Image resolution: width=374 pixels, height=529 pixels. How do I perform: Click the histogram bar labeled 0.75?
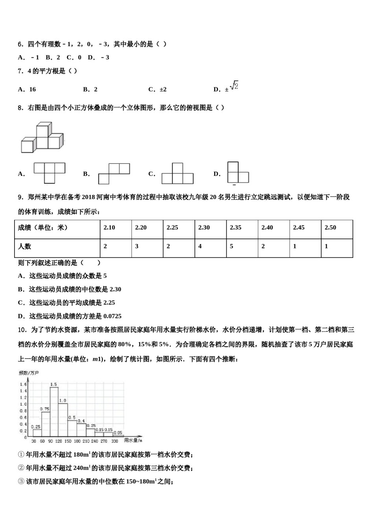coord(46,424)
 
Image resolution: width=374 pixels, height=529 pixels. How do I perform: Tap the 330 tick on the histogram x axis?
coord(115,441)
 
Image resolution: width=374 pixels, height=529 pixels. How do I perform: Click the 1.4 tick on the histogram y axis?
coord(23,391)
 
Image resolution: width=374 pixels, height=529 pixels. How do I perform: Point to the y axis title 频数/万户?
coord(29,373)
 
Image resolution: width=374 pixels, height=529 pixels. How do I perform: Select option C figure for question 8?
coord(177,174)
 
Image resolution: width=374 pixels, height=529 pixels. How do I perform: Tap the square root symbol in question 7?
coord(234,85)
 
